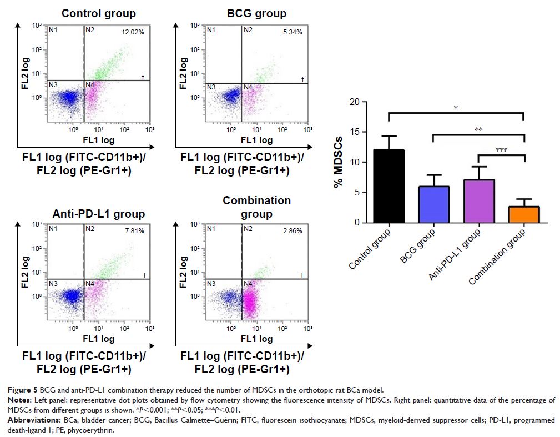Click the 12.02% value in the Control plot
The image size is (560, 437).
(133, 33)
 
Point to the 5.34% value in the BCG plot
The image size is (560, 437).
(291, 33)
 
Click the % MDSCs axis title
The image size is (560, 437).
(337, 162)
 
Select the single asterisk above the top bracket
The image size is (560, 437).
(456, 107)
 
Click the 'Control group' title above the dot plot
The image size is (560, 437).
(98, 13)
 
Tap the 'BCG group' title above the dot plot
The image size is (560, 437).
(257, 13)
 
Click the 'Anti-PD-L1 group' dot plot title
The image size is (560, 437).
(99, 214)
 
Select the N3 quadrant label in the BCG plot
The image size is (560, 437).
(211, 87)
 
